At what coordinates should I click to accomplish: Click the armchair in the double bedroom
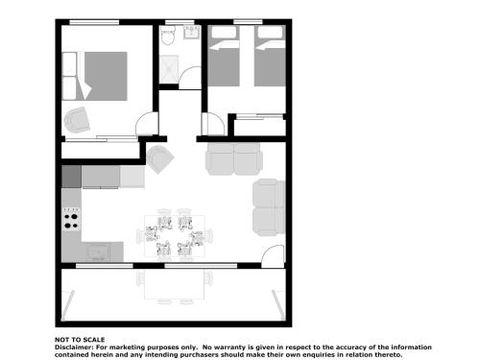[x=77, y=121]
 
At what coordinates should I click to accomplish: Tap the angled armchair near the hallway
[x=160, y=157]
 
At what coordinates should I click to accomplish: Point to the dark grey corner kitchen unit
[x=71, y=176]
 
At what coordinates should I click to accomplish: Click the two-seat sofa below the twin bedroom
[x=234, y=157]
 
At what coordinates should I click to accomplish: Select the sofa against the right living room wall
[x=268, y=206]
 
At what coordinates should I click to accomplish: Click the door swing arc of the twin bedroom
[x=212, y=124]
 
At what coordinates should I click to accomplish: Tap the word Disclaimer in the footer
[x=74, y=347]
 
